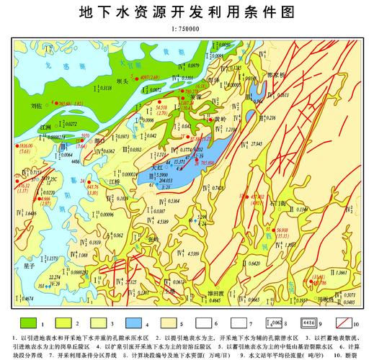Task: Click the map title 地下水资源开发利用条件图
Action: [186, 12]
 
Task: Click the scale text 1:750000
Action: [186, 29]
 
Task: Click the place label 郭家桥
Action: [277, 74]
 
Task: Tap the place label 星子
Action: [30, 266]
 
